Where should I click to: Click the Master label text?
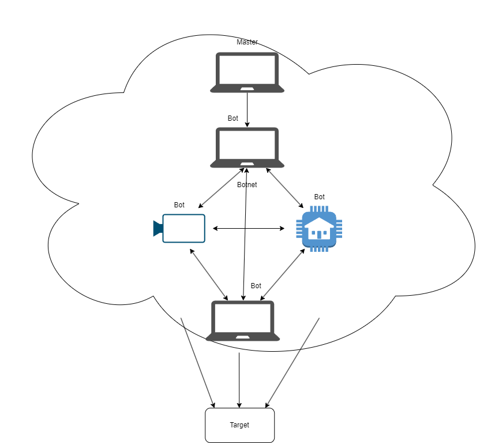point(247,42)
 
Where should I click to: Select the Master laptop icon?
point(247,72)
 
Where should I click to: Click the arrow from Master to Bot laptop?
point(247,110)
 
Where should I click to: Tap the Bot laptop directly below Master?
point(247,147)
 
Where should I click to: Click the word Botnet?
point(247,184)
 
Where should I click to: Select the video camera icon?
point(179,229)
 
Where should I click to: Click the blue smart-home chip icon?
point(319,229)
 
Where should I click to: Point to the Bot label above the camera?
point(179,205)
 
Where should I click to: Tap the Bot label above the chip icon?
point(319,197)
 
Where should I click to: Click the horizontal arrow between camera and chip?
point(249,228)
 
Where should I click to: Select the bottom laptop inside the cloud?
point(242,321)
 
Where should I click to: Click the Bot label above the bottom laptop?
point(256,286)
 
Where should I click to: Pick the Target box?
point(239,425)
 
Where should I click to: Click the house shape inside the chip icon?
point(319,228)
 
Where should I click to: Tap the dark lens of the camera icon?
point(158,229)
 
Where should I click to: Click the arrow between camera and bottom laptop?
point(209,274)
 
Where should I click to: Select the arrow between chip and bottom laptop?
point(283,274)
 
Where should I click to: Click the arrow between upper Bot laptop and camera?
point(222,188)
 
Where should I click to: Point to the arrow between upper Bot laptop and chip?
point(285,188)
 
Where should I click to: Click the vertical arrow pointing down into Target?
point(239,380)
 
